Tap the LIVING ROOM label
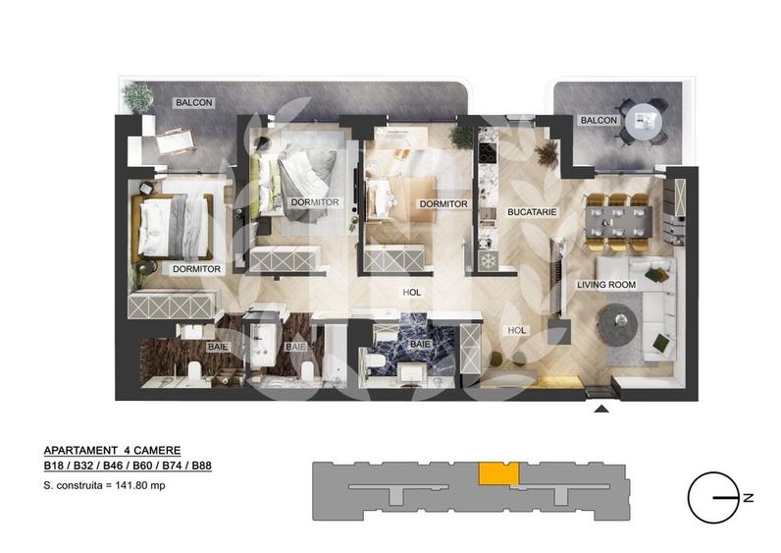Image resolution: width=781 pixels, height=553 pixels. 605,285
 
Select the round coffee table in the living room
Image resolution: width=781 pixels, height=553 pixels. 620,320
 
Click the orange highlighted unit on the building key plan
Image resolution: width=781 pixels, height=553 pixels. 498,472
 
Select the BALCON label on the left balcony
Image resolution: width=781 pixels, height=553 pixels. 193,102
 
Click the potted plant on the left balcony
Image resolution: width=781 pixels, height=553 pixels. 138,96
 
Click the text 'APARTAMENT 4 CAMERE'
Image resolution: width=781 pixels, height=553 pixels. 112,449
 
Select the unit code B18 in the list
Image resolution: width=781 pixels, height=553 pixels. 55,467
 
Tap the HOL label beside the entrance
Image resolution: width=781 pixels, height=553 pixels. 515,332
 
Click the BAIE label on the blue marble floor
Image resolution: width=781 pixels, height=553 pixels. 419,344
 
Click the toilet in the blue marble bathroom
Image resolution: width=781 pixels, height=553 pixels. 376,361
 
